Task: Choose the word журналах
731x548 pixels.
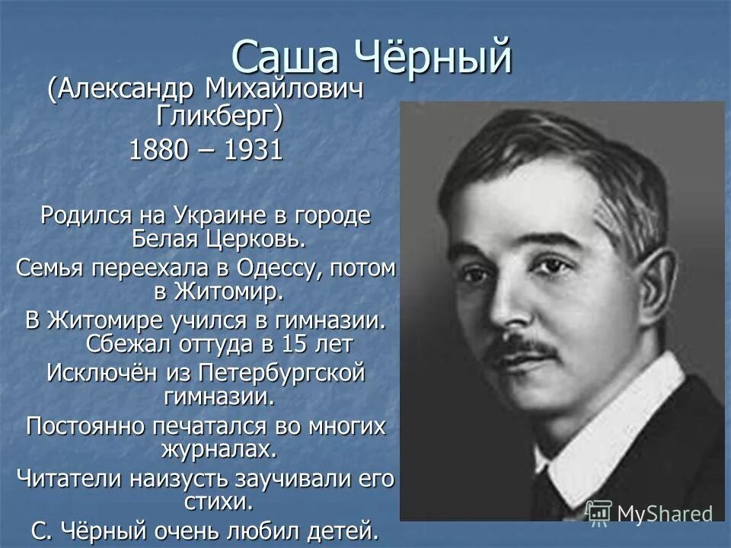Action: (219, 448)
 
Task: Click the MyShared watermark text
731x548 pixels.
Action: (664, 513)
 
